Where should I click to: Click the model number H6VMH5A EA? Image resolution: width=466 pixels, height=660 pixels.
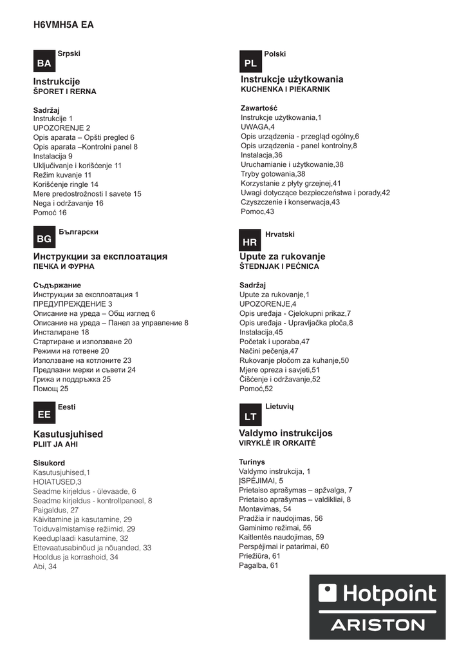click(63, 24)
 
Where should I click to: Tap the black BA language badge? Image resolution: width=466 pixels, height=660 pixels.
click(44, 63)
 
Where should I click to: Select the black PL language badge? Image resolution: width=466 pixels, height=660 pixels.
click(250, 63)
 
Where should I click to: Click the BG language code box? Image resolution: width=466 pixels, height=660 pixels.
click(44, 239)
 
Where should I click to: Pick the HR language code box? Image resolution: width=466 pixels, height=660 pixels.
click(250, 241)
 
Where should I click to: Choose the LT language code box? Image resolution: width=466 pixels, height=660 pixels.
click(250, 417)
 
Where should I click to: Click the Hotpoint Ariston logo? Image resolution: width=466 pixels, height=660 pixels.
click(377, 607)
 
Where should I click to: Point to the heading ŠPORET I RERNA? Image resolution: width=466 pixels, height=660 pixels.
click(64, 92)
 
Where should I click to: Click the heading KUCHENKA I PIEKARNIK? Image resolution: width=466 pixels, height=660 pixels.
click(285, 90)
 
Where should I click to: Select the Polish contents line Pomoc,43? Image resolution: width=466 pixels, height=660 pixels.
click(257, 211)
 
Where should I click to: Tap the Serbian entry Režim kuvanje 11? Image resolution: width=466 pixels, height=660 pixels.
click(62, 175)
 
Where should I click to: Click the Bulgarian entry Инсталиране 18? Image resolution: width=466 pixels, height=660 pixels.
click(61, 332)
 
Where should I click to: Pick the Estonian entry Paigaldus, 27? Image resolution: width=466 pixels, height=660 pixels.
click(56, 510)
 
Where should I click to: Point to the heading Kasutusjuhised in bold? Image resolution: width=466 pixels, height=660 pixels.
click(68, 434)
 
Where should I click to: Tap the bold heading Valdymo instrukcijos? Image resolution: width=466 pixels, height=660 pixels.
click(286, 433)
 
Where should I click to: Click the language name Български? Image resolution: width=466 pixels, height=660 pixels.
click(79, 231)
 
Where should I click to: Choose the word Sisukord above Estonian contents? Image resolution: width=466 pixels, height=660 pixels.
click(49, 463)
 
